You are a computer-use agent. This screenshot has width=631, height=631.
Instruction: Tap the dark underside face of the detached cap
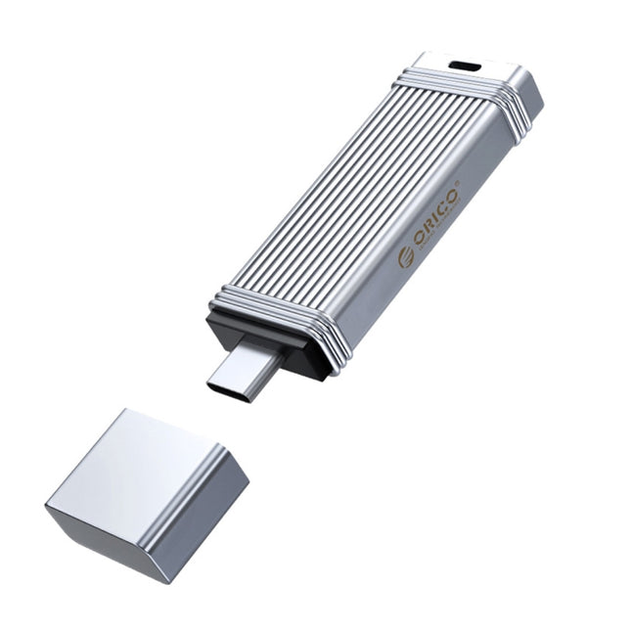point(108,533)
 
